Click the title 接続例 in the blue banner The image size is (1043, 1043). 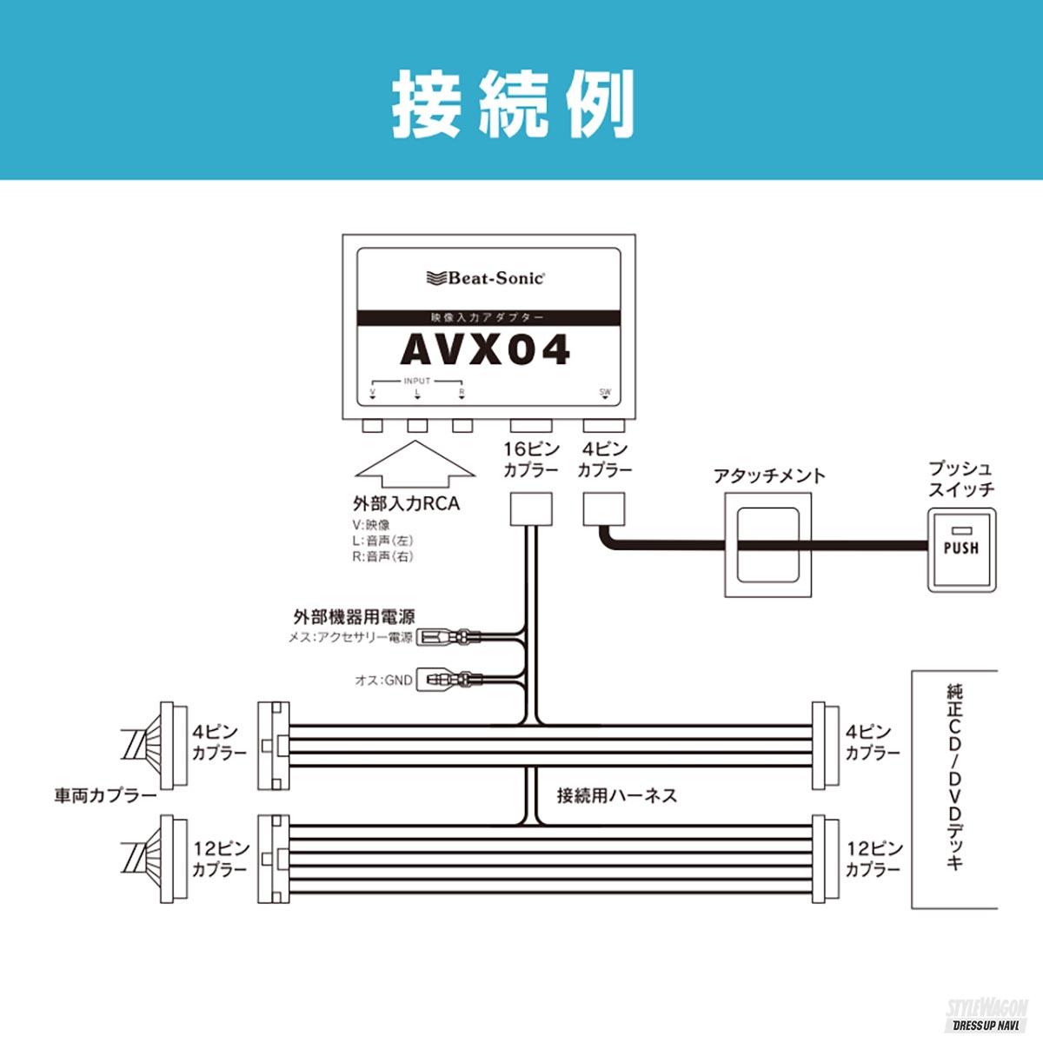[x=513, y=104]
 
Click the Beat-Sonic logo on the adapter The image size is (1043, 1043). [x=487, y=277]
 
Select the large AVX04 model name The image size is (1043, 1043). [x=485, y=350]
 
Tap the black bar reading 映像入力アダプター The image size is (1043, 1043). [x=488, y=318]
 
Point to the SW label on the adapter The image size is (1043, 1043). [x=605, y=392]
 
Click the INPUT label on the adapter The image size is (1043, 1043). [x=417, y=382]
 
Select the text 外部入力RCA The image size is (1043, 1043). [x=406, y=504]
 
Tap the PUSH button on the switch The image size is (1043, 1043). [x=960, y=548]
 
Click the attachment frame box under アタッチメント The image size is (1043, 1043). [x=768, y=545]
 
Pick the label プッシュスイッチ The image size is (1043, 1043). [x=960, y=479]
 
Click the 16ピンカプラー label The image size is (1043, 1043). [x=530, y=460]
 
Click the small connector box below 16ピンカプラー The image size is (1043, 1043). [x=530, y=508]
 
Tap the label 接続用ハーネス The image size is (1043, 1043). [x=616, y=794]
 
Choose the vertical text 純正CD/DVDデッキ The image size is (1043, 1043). [x=953, y=778]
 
